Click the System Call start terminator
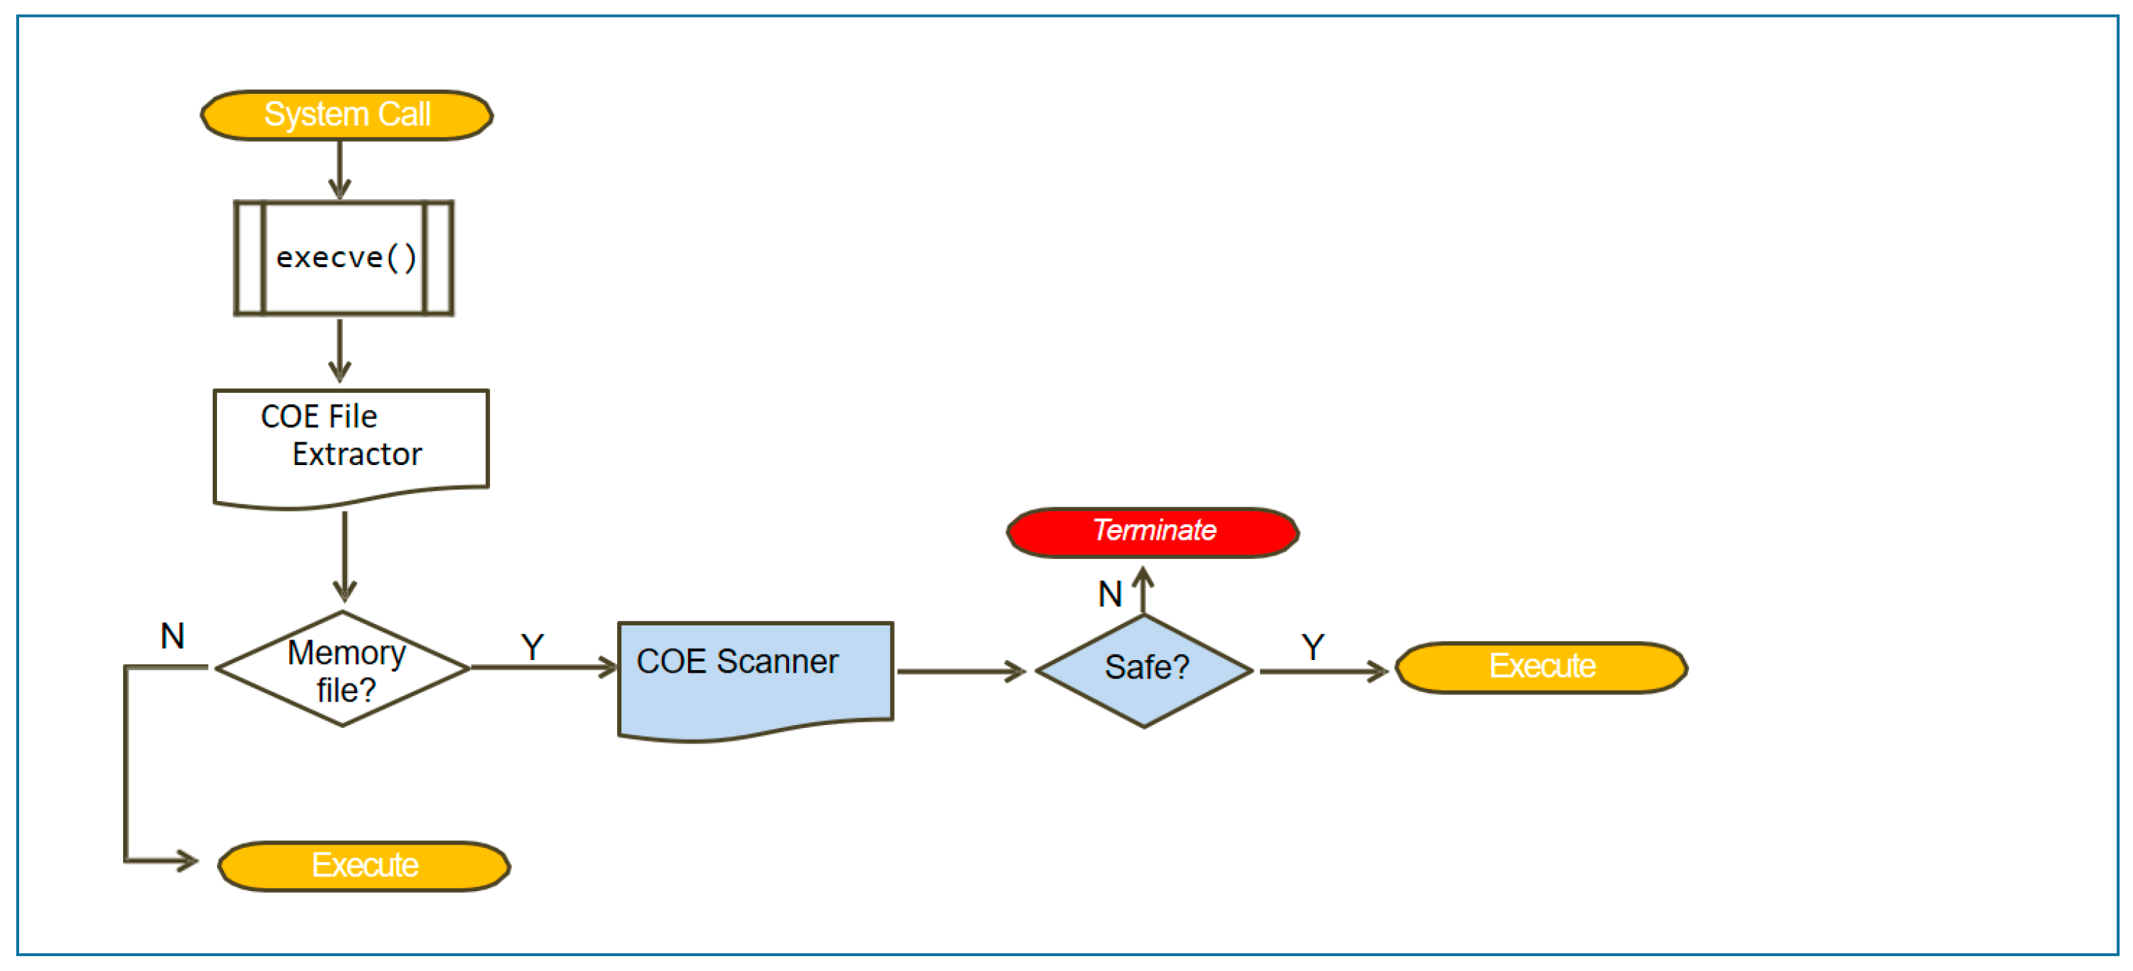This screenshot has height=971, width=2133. [346, 115]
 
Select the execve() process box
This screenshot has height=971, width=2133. [344, 257]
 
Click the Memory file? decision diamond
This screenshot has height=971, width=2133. [343, 669]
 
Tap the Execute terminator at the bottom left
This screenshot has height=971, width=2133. [363, 866]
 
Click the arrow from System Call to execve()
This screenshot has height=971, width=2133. [339, 170]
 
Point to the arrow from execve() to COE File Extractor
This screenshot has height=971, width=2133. [339, 350]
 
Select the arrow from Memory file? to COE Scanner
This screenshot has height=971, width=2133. [543, 667]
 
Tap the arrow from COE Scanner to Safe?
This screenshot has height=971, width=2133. [961, 671]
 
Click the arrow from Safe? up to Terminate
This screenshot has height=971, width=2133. [1143, 590]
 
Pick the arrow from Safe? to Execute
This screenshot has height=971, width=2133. [1322, 671]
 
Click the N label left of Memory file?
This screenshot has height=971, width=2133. [173, 637]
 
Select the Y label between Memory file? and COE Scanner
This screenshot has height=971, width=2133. [532, 647]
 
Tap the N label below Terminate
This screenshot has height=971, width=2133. [1109, 594]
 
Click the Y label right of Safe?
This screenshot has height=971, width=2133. [1312, 647]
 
